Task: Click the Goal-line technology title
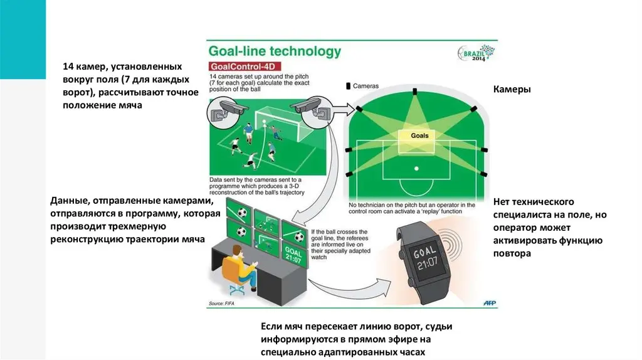point(275,51)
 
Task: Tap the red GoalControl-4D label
point(245,66)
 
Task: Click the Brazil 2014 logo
point(476,53)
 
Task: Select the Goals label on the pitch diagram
point(419,135)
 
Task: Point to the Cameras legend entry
point(362,86)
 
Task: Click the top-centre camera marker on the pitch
point(415,92)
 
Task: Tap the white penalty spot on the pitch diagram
point(416,169)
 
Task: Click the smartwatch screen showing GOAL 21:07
point(426,258)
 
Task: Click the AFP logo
point(490,303)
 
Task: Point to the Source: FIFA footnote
point(221,304)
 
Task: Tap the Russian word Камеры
point(512,89)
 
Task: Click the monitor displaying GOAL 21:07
point(294,255)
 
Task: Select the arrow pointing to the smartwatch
point(348,289)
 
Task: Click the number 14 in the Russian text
point(68,66)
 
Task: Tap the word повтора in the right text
point(512,253)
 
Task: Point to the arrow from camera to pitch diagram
point(342,109)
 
